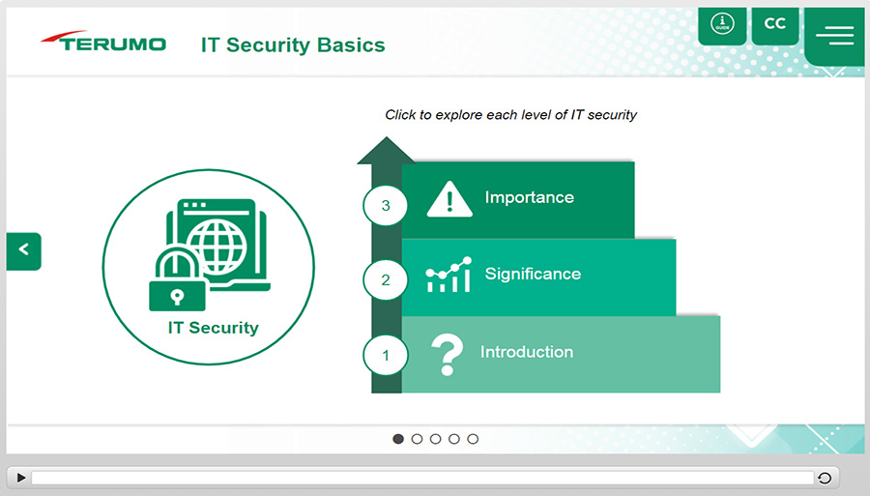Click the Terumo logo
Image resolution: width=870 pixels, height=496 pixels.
click(x=103, y=41)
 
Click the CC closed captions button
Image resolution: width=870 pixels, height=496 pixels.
click(x=775, y=25)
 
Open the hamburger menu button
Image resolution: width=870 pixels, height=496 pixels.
click(x=834, y=36)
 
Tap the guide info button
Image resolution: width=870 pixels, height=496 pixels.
click(x=722, y=25)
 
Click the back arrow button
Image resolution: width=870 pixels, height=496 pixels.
click(x=24, y=251)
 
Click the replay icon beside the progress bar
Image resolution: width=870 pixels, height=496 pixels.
click(x=825, y=478)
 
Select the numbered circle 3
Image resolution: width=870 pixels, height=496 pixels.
click(x=386, y=206)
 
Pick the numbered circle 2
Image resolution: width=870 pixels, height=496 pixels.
click(x=386, y=279)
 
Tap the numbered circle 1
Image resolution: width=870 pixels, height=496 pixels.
click(x=386, y=355)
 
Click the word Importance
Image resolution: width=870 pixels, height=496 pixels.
click(x=530, y=197)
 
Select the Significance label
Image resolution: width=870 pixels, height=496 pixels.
click(x=533, y=274)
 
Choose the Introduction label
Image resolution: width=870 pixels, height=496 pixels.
click(x=527, y=352)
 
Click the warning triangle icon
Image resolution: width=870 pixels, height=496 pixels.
click(x=449, y=198)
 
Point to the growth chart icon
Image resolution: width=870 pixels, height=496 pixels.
click(x=449, y=274)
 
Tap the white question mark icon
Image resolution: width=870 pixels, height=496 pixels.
click(x=447, y=355)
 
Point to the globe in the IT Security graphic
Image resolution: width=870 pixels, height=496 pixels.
click(x=217, y=247)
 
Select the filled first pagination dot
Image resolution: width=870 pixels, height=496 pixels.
click(x=398, y=439)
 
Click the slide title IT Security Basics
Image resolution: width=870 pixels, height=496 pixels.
click(x=293, y=44)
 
